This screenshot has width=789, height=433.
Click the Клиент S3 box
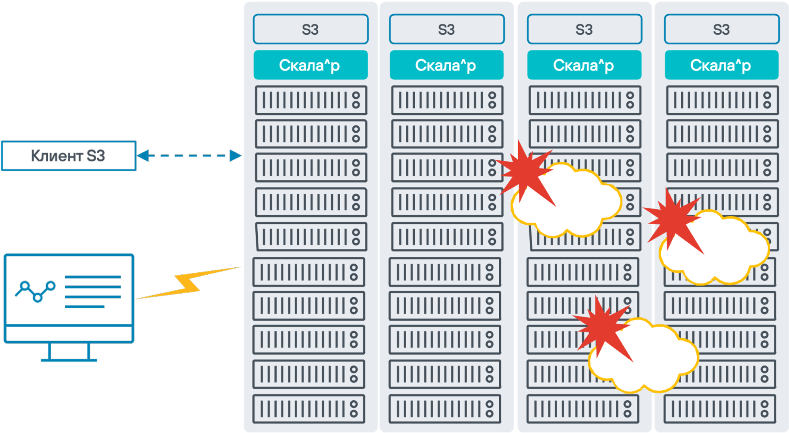tap(69, 156)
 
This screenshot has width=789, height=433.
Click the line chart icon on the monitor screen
tap(35, 291)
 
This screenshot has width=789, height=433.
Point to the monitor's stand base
tap(69, 359)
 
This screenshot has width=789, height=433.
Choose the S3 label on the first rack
tap(311, 29)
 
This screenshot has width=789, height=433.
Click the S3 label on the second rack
tap(446, 29)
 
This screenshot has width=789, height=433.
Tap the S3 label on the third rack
tap(584, 29)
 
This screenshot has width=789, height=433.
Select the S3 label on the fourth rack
tap(722, 29)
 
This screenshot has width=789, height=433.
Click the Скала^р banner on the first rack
tap(310, 65)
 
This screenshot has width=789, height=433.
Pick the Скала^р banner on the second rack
tap(446, 65)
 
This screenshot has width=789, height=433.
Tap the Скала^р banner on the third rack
tap(584, 65)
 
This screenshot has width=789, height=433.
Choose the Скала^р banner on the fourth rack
tap(721, 65)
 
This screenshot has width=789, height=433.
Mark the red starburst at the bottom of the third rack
tap(602, 328)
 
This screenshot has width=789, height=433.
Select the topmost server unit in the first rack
tap(311, 100)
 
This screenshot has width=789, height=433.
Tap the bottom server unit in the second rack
tap(445, 409)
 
